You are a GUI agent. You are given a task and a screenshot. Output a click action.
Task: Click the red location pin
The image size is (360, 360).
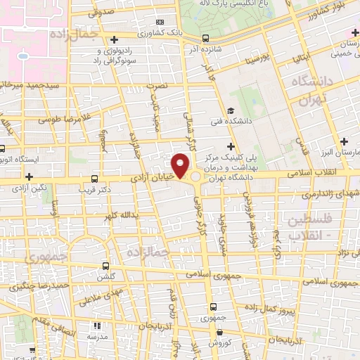click(x=181, y=165)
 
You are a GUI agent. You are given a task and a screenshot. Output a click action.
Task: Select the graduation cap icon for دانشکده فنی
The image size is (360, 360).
click(x=231, y=110)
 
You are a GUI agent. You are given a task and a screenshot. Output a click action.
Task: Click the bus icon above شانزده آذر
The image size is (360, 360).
click(x=205, y=38)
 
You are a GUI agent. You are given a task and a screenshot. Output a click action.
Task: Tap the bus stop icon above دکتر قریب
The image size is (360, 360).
click(x=95, y=179)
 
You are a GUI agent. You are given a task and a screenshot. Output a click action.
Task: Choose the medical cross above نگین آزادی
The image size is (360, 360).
click(x=29, y=176)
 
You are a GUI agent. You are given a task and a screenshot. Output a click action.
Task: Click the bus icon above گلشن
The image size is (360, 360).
click(x=105, y=266)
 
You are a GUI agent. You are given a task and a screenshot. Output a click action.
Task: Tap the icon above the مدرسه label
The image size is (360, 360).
click(x=97, y=326)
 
